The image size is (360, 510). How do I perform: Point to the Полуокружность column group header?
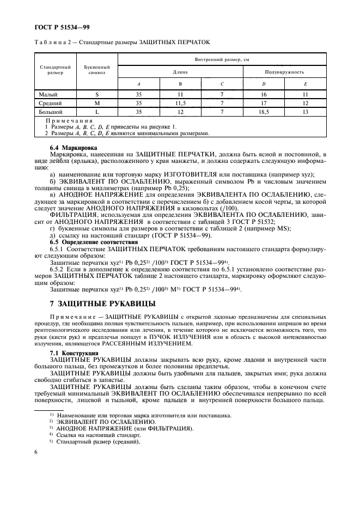pyautogui.click(x=284, y=71)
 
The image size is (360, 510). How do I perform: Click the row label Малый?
pyautogui.click(x=43, y=94)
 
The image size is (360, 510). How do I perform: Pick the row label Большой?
pyautogui.click(x=46, y=111)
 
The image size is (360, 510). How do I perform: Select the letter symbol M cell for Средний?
pyautogui.click(x=97, y=102)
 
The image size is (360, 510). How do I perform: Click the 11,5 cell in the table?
pyautogui.click(x=180, y=102)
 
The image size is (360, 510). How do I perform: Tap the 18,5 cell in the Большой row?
pyautogui.click(x=264, y=111)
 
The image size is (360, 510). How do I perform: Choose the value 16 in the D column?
pyautogui.click(x=264, y=94)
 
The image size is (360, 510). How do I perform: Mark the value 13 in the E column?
pyautogui.click(x=306, y=111)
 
